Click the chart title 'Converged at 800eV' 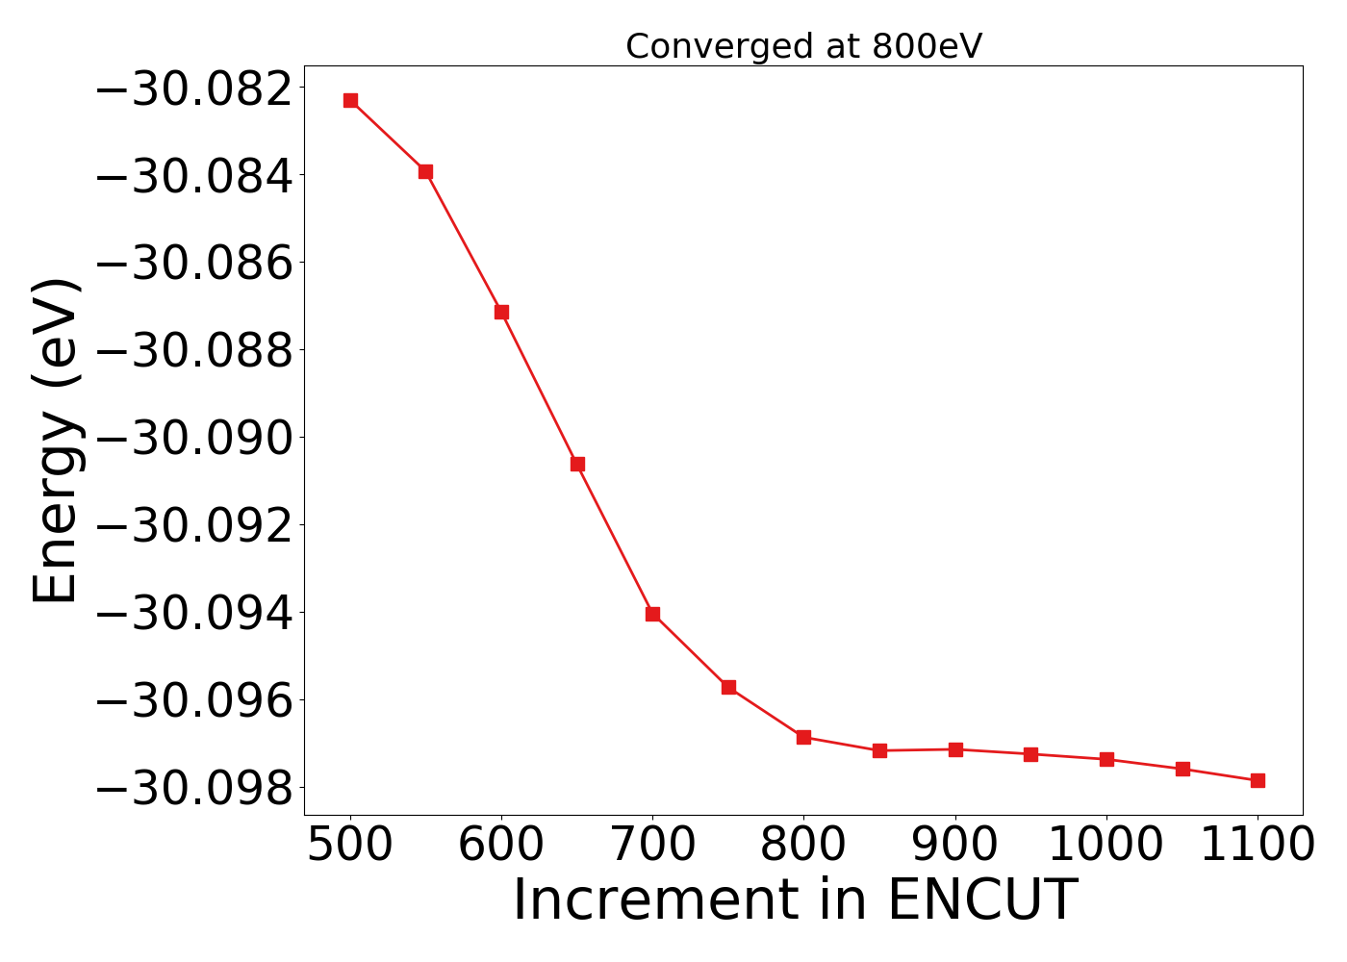point(803,46)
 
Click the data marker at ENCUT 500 point(350,100)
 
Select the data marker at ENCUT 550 point(425,171)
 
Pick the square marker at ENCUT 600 point(501,312)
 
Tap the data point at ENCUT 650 point(577,464)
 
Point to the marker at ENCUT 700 point(652,614)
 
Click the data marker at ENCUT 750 point(728,687)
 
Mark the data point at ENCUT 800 point(803,737)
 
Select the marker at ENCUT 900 point(955,749)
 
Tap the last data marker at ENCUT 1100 point(1258,780)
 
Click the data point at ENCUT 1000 point(1106,759)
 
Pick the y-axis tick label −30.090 point(195,438)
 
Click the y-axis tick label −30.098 point(195,788)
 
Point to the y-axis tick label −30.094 point(195,613)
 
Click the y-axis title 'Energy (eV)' point(55,441)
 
